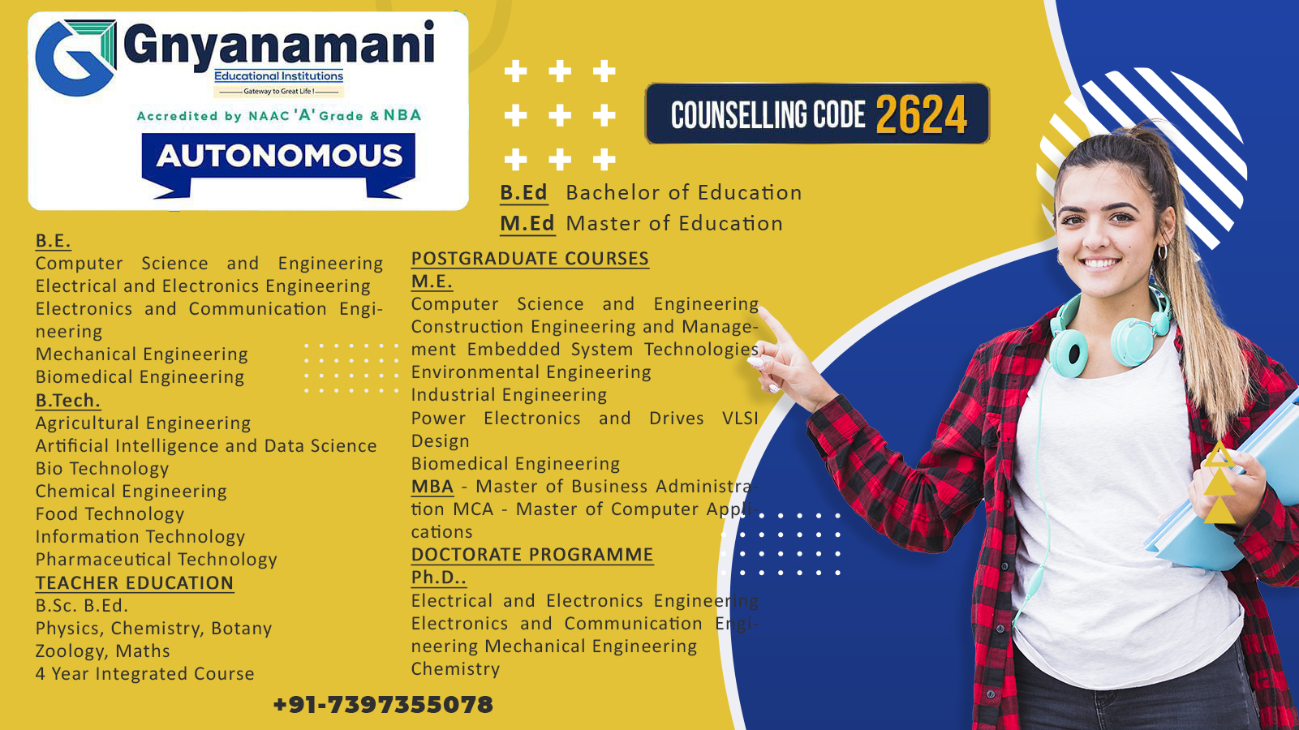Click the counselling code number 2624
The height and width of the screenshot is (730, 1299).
click(922, 114)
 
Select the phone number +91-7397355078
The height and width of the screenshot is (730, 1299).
click(383, 705)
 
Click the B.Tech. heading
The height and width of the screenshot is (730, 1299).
click(68, 401)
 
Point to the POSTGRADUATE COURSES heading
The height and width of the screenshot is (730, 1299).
click(530, 259)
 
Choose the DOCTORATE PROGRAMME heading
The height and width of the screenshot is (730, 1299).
click(532, 555)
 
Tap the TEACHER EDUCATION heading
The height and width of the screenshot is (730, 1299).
click(135, 583)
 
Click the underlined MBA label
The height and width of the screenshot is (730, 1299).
click(432, 487)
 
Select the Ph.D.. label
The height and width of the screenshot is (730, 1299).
click(438, 578)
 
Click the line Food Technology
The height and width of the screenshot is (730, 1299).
click(110, 514)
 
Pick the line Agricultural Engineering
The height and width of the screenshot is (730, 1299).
click(143, 423)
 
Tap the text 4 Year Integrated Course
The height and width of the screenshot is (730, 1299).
click(145, 674)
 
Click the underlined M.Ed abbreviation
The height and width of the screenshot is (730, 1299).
click(527, 224)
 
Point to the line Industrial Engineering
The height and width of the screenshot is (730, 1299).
click(509, 395)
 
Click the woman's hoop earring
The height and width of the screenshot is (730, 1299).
click(1162, 252)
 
